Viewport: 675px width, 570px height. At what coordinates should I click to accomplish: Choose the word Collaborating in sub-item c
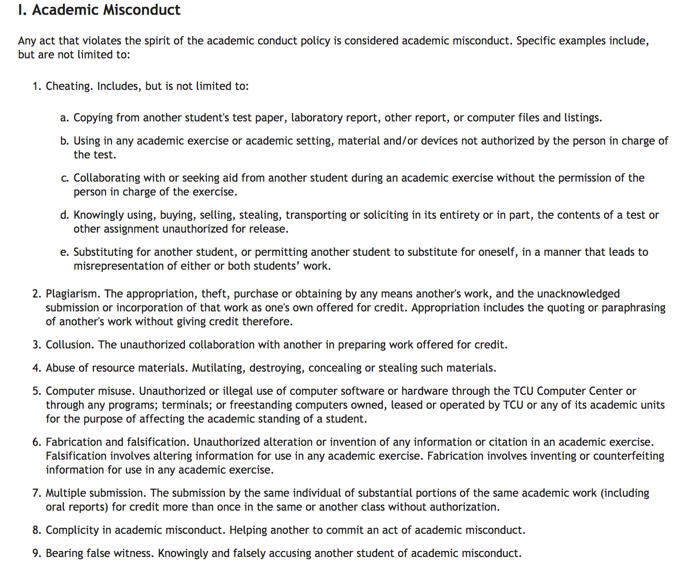(x=107, y=178)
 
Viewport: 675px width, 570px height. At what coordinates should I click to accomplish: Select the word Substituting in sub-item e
(x=103, y=252)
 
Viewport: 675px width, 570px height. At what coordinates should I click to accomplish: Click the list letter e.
(x=64, y=252)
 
